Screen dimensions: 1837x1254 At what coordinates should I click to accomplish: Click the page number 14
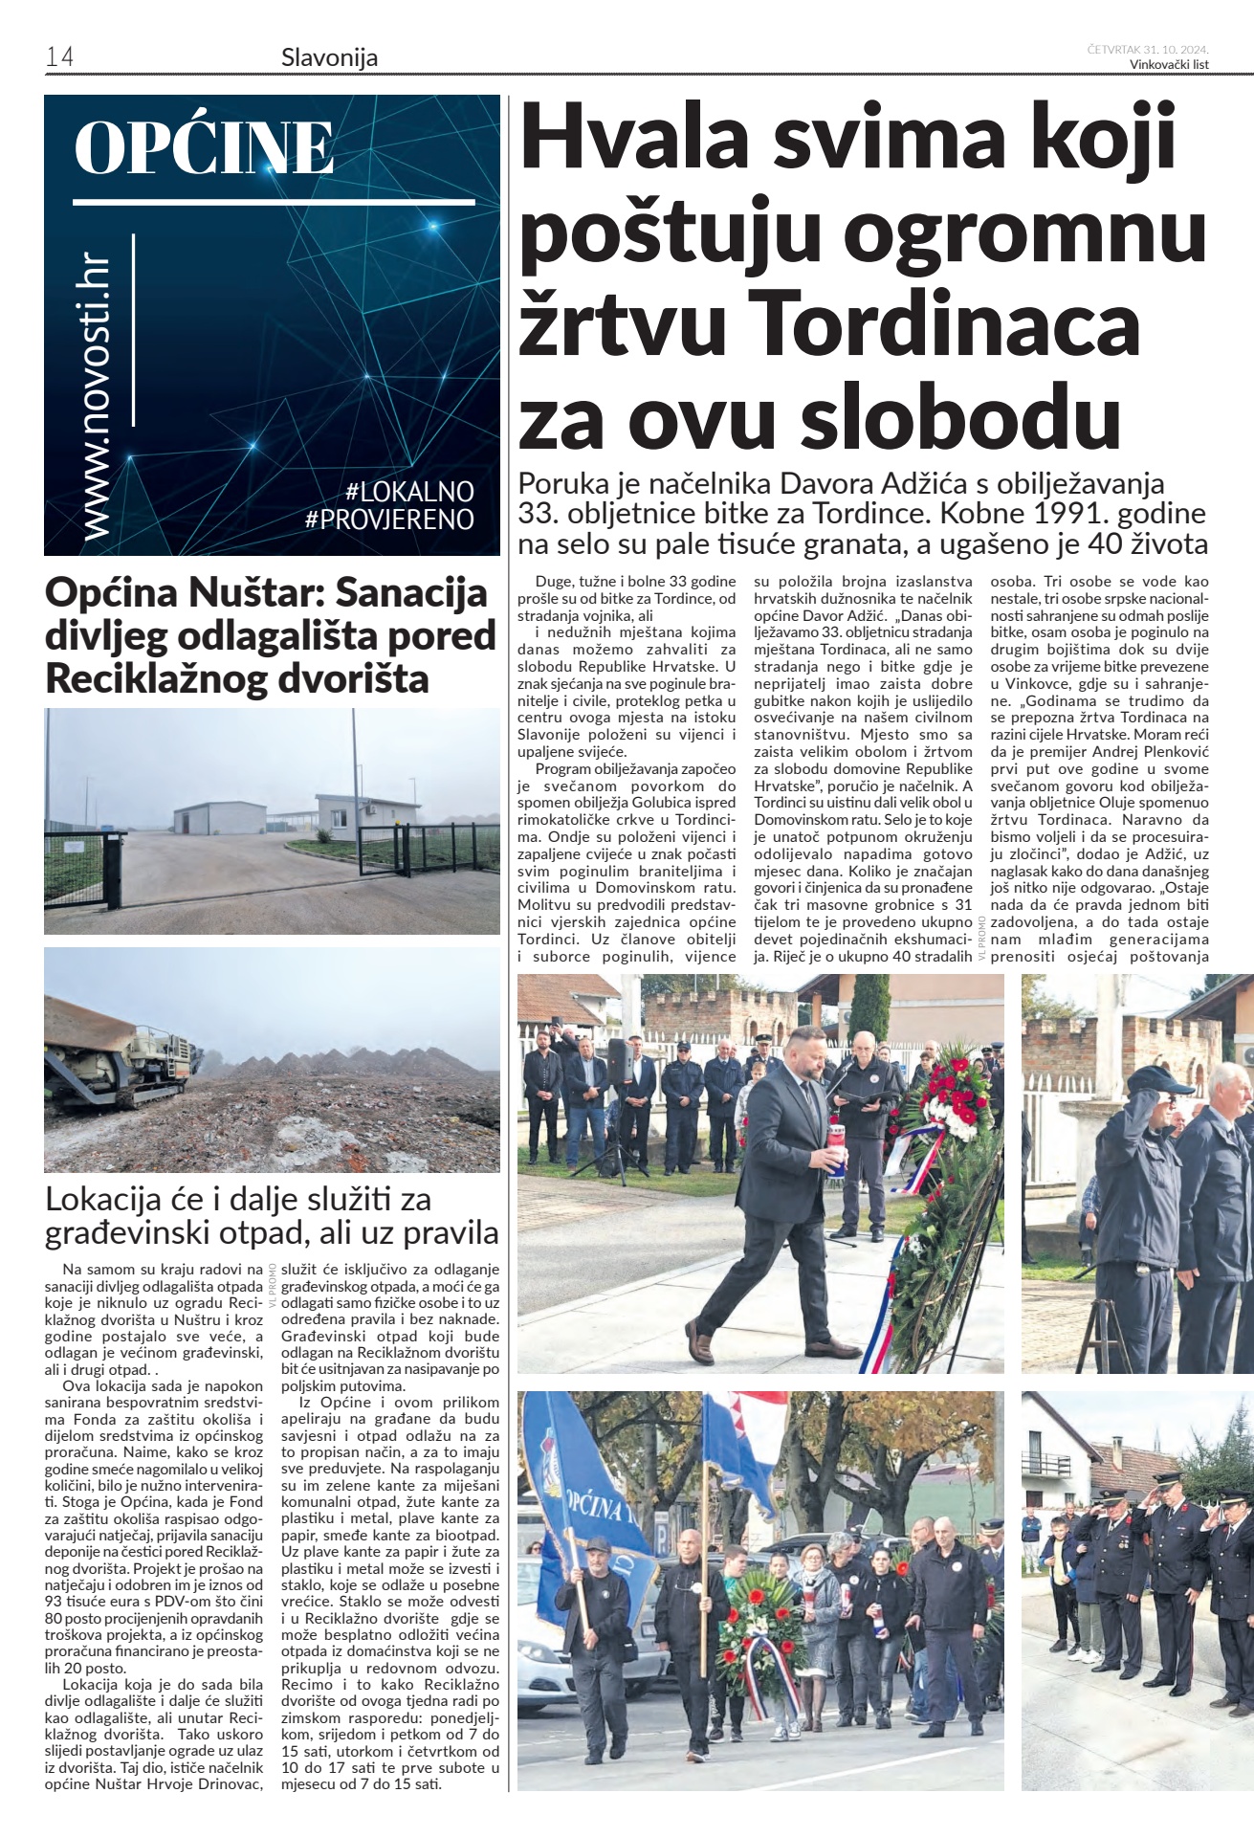coord(59,57)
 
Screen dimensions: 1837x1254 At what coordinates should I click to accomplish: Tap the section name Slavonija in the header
coord(329,57)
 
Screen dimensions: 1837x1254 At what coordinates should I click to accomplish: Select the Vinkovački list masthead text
coord(1169,65)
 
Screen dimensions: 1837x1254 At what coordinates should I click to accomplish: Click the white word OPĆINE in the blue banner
coord(205,148)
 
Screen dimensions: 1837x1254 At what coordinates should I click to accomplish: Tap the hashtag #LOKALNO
coord(409,492)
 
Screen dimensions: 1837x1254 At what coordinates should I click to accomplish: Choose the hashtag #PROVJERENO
coord(389,520)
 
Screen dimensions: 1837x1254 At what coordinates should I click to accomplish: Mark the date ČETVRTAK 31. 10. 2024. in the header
coord(1148,49)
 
